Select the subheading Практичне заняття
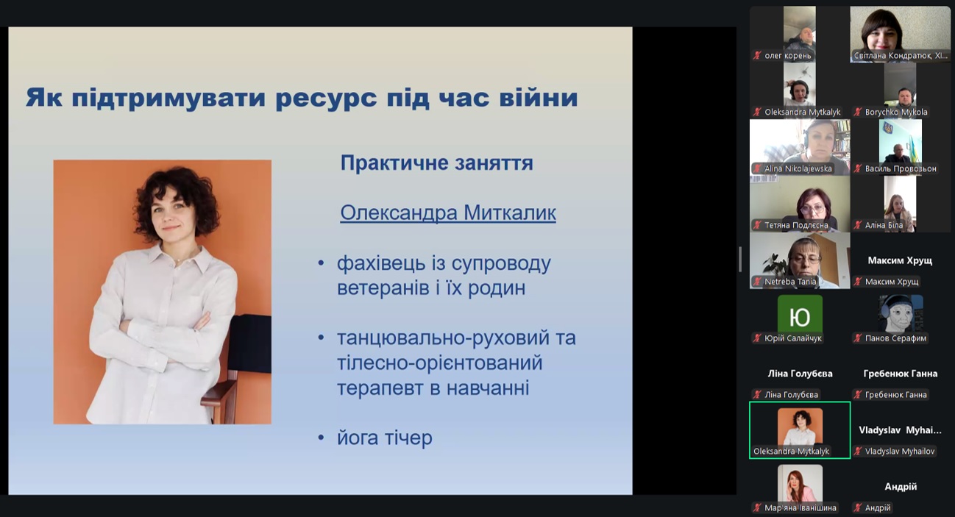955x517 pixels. pos(436,163)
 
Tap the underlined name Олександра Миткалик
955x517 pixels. pos(448,213)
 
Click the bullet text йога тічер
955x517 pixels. pos(385,438)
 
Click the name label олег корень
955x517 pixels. pos(788,55)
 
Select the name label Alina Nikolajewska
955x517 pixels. pos(798,168)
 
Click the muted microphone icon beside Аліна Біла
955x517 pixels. pos(858,225)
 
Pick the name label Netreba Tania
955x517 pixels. pos(790,282)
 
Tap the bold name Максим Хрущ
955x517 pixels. pos(900,260)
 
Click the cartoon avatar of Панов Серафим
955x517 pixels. pos(901,313)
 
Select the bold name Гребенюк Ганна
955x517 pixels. pos(901,374)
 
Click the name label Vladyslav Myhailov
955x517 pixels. pos(900,452)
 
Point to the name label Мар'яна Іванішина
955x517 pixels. pos(800,507)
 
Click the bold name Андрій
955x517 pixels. pos(901,487)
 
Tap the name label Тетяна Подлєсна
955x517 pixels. pos(796,225)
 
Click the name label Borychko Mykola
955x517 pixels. pos(896,112)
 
